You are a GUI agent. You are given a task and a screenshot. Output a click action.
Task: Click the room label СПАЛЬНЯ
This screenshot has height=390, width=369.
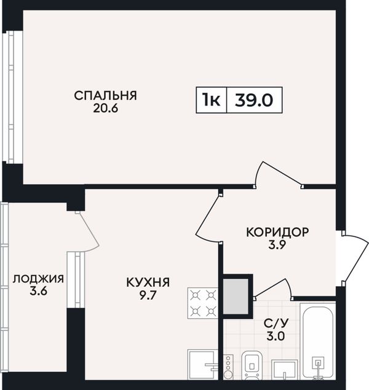[x=105, y=96]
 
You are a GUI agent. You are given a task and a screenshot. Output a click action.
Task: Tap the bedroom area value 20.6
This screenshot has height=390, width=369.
[x=105, y=109]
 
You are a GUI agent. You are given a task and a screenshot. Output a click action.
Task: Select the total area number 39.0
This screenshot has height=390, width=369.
[x=254, y=100]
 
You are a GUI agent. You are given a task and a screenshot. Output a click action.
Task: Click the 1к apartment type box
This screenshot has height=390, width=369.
[x=211, y=100]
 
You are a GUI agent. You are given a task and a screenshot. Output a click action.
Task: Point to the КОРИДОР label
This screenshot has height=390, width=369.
[x=277, y=232]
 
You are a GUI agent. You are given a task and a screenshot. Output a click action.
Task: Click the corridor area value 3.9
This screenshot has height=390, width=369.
[x=277, y=245]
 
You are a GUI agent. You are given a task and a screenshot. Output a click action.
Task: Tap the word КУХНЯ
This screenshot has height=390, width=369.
[x=148, y=283]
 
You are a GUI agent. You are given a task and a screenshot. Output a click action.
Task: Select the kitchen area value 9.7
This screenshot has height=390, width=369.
[x=148, y=295]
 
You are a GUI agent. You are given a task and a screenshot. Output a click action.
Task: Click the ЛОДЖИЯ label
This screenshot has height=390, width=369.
[x=38, y=279]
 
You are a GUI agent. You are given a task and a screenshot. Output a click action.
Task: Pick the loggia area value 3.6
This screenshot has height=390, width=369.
[x=38, y=291]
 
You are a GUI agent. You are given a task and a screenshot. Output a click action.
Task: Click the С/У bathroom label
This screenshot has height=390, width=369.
[x=276, y=323]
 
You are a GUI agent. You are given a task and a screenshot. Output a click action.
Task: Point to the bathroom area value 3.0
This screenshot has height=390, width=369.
[x=276, y=337]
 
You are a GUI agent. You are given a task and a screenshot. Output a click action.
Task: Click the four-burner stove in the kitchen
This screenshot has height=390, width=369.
[x=203, y=303]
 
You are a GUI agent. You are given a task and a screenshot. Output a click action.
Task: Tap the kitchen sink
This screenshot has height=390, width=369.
[x=203, y=365]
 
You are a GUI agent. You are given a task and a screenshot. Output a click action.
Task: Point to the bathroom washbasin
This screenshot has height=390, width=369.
[x=284, y=370]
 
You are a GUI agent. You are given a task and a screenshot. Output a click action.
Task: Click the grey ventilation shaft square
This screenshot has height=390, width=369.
[x=236, y=297]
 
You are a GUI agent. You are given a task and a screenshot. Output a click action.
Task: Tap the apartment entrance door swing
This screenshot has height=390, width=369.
[x=355, y=259]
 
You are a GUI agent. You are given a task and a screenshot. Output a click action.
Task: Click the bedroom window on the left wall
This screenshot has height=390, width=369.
[x=12, y=97]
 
